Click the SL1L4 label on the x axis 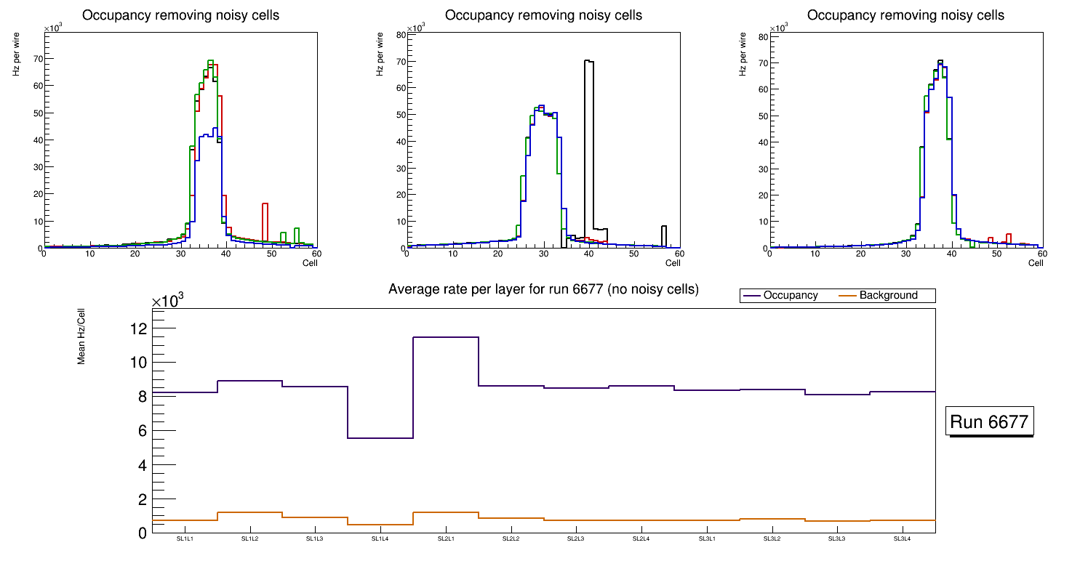pos(380,539)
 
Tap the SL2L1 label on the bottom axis pos(446,539)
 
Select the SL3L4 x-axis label pos(902,539)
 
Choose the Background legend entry pos(888,296)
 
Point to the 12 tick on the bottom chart pos(138,328)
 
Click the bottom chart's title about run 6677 pos(543,289)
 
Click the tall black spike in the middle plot pos(589,145)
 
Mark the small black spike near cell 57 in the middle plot pos(664,235)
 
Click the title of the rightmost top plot pos(905,15)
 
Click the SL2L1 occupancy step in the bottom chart pos(446,337)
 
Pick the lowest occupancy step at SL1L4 pos(380,438)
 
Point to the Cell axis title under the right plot pos(1035,263)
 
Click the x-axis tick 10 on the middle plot pos(452,254)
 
